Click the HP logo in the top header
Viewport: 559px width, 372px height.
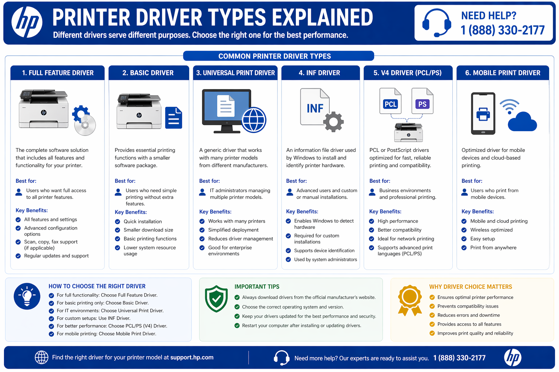pos(27,22)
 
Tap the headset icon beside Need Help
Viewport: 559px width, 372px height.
pos(437,23)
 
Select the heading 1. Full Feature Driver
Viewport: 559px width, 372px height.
pos(58,73)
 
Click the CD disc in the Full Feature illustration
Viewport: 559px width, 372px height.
pos(85,125)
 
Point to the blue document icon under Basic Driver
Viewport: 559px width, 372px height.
pos(174,118)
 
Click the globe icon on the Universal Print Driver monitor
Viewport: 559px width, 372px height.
pos(254,120)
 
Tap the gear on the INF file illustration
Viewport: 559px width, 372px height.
pos(334,122)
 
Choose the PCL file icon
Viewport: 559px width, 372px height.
pos(390,101)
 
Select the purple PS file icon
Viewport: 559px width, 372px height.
pos(422,101)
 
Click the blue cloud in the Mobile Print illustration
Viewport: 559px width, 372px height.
pos(522,122)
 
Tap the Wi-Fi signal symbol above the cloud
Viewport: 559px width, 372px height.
pos(509,106)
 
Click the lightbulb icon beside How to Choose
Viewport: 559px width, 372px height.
pos(27,296)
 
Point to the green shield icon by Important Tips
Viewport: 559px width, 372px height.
pos(216,299)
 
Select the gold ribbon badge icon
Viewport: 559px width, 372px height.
pos(410,299)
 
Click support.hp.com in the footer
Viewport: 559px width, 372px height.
pos(192,357)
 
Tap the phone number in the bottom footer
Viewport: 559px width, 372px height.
pos(459,358)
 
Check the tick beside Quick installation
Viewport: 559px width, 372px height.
pos(118,222)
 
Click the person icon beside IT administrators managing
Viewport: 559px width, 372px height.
pos(203,192)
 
